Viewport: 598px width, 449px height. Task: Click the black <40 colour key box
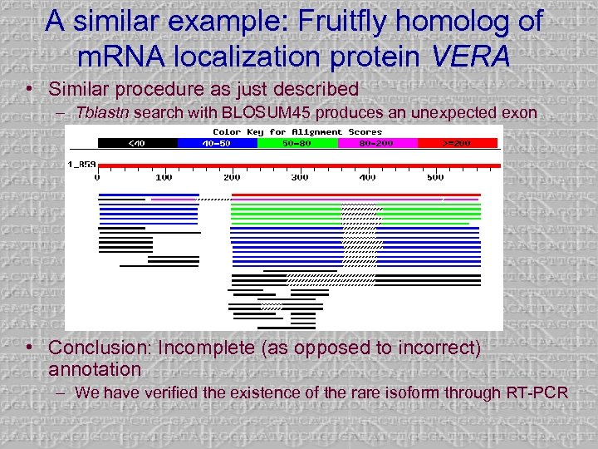coord(137,143)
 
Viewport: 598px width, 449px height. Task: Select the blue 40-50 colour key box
coord(218,143)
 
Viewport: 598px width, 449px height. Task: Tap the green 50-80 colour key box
coord(297,143)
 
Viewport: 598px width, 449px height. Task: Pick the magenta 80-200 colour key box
coord(378,143)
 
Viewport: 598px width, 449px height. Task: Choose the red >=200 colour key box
coord(458,143)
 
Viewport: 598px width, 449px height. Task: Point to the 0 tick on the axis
coord(98,177)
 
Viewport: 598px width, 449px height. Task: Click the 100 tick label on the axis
coord(164,177)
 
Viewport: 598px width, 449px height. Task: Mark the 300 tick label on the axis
coord(300,177)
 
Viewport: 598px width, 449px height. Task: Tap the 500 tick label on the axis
coord(434,177)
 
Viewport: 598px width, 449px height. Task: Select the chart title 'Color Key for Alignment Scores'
coord(297,131)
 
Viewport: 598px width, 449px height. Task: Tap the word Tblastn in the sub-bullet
coord(102,112)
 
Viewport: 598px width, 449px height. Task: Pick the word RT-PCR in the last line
coord(539,392)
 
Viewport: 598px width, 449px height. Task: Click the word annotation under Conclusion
coord(95,368)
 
